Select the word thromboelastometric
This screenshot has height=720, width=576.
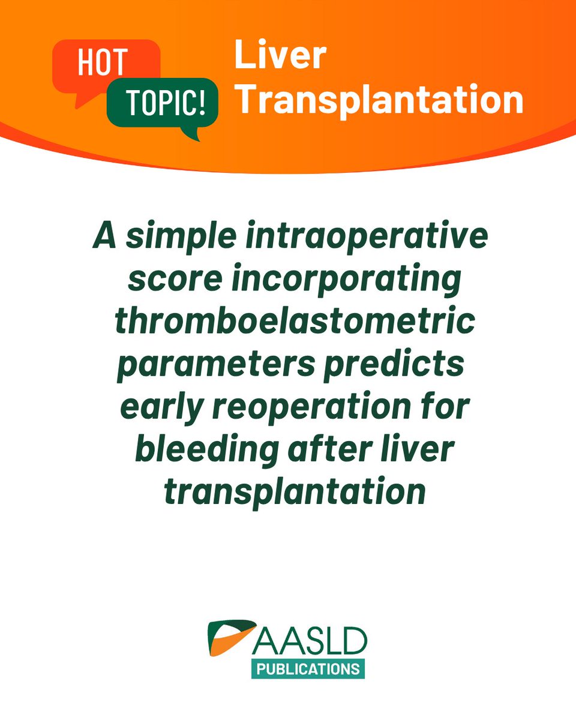[x=295, y=324]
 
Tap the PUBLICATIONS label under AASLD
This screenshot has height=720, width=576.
[x=308, y=668]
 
